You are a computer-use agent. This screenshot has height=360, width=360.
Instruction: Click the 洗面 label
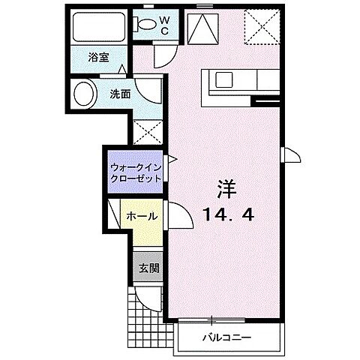pyautogui.click(x=119, y=95)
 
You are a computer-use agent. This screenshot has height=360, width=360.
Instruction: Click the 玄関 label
pyautogui.click(x=147, y=268)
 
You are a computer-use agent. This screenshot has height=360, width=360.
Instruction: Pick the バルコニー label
pyautogui.click(x=227, y=335)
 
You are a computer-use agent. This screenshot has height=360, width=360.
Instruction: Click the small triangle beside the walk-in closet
pyautogui.click(x=172, y=160)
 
